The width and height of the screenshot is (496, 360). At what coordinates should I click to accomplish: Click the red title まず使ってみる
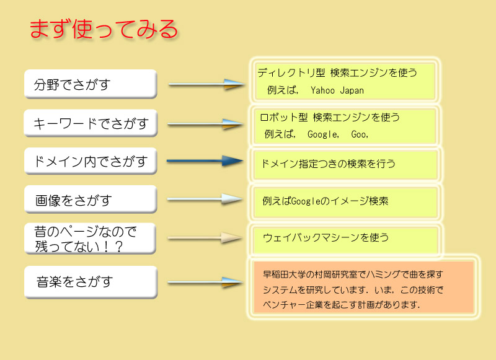104,29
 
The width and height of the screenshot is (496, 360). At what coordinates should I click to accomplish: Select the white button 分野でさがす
91,84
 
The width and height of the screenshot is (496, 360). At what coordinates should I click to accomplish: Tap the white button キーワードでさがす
91,124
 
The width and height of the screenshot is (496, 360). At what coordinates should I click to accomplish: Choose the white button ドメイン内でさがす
91,162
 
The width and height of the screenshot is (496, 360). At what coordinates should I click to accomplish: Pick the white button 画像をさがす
91,200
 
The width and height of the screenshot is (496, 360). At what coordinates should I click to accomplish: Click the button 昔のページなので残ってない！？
91,239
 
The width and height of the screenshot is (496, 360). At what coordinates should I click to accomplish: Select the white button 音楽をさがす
91,282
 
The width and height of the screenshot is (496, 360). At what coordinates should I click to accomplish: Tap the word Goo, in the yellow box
360,133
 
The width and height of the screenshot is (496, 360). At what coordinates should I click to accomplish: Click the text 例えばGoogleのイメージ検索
325,201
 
